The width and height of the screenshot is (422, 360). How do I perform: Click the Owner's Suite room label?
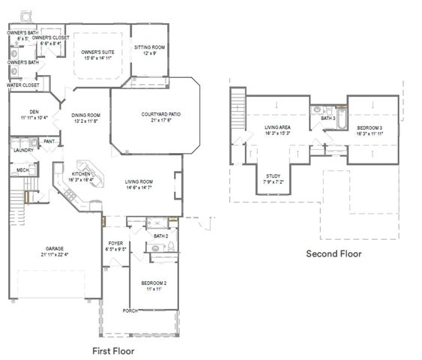98,52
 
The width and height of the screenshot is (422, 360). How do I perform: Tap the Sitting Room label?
150,47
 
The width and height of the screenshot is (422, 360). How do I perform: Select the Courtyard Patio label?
160,115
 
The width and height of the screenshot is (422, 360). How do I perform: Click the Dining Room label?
86,115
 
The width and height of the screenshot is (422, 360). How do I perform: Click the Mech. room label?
22,170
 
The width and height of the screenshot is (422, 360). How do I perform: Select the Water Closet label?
24,85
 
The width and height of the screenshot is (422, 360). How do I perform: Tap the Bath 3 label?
328,118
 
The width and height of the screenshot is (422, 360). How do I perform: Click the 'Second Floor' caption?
334,253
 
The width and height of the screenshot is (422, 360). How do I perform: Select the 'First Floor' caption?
117,350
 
